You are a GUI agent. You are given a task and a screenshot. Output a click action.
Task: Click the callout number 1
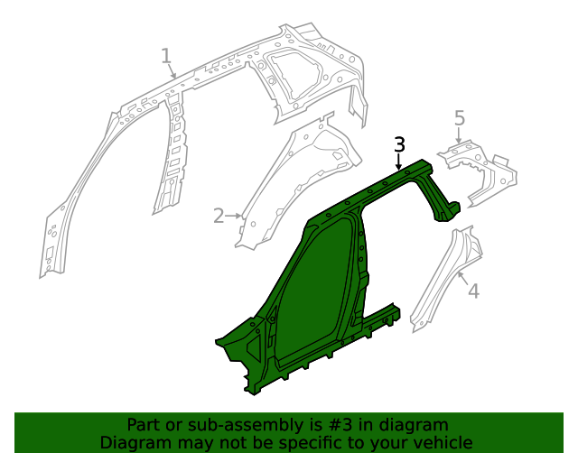[x=166, y=57]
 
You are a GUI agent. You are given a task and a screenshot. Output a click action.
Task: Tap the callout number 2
[x=219, y=216]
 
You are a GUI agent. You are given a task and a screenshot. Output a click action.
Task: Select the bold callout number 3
[x=400, y=143]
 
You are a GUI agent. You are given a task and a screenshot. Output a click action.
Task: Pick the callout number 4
[x=473, y=291]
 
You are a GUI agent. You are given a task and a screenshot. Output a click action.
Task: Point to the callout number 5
[x=459, y=118]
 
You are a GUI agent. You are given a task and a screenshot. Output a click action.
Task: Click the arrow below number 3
[x=400, y=162]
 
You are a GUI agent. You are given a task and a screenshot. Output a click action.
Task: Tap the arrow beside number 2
[x=236, y=216]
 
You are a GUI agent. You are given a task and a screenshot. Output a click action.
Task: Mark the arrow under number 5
[x=459, y=138]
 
